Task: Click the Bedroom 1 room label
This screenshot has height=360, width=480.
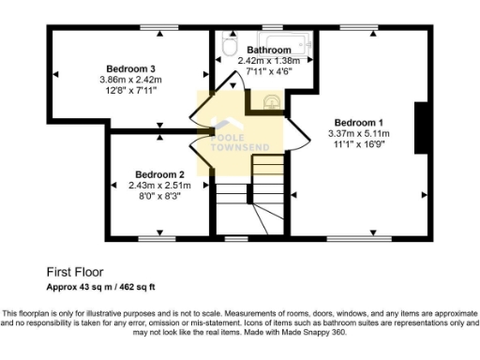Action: [x=359, y=123]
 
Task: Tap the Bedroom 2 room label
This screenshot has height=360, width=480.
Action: [x=158, y=174]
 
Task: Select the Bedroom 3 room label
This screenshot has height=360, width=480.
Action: [x=130, y=68]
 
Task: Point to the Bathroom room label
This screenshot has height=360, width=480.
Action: [x=269, y=49]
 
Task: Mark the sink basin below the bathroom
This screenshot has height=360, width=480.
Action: [x=271, y=99]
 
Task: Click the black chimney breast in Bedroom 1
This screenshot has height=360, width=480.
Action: [x=420, y=127]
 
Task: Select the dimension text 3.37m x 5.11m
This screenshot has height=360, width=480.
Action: [x=359, y=134]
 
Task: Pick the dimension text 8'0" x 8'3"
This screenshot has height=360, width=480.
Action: [x=158, y=197]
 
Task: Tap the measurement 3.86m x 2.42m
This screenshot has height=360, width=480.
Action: [x=130, y=80]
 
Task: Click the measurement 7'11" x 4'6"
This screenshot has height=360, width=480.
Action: [x=269, y=70]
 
